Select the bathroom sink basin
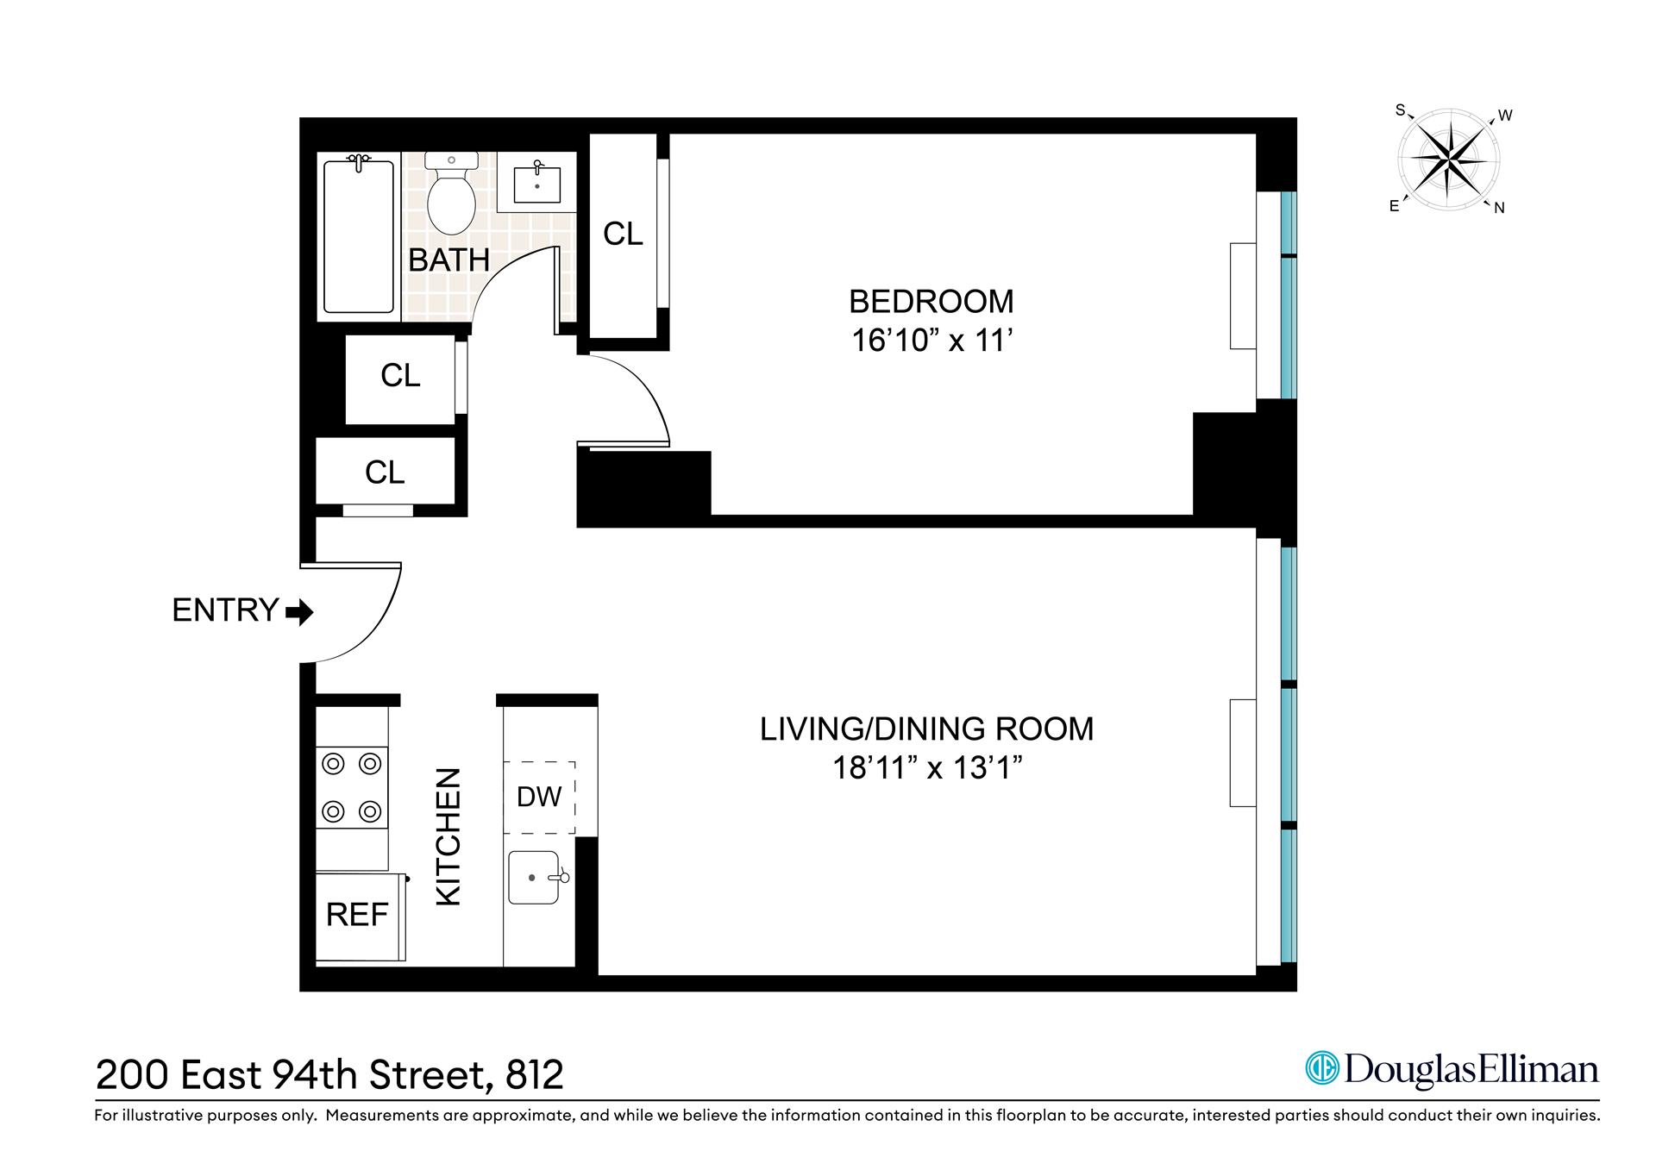(536, 185)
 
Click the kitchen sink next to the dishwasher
(534, 878)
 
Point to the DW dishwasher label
(539, 797)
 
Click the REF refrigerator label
(357, 915)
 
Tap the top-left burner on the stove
(334, 764)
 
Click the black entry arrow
(299, 613)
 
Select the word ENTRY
(225, 610)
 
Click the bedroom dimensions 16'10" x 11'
(931, 341)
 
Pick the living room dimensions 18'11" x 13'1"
(927, 767)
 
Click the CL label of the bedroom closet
(623, 234)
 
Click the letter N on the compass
(1499, 208)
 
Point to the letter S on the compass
(1400, 110)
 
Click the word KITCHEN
(448, 836)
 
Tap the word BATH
(448, 260)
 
